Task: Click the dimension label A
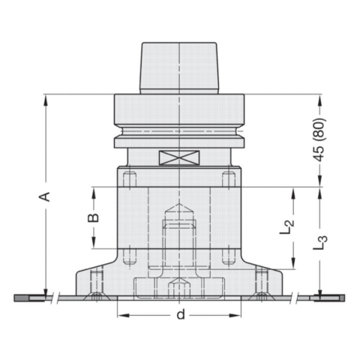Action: coord(44,196)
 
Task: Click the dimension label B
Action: coord(93,217)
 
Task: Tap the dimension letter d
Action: coord(181,314)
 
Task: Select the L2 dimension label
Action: coord(286,227)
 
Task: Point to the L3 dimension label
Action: coord(320,243)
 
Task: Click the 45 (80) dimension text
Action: coord(320,139)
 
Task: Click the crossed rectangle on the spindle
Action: coord(179,157)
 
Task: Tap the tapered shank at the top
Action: coord(179,68)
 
